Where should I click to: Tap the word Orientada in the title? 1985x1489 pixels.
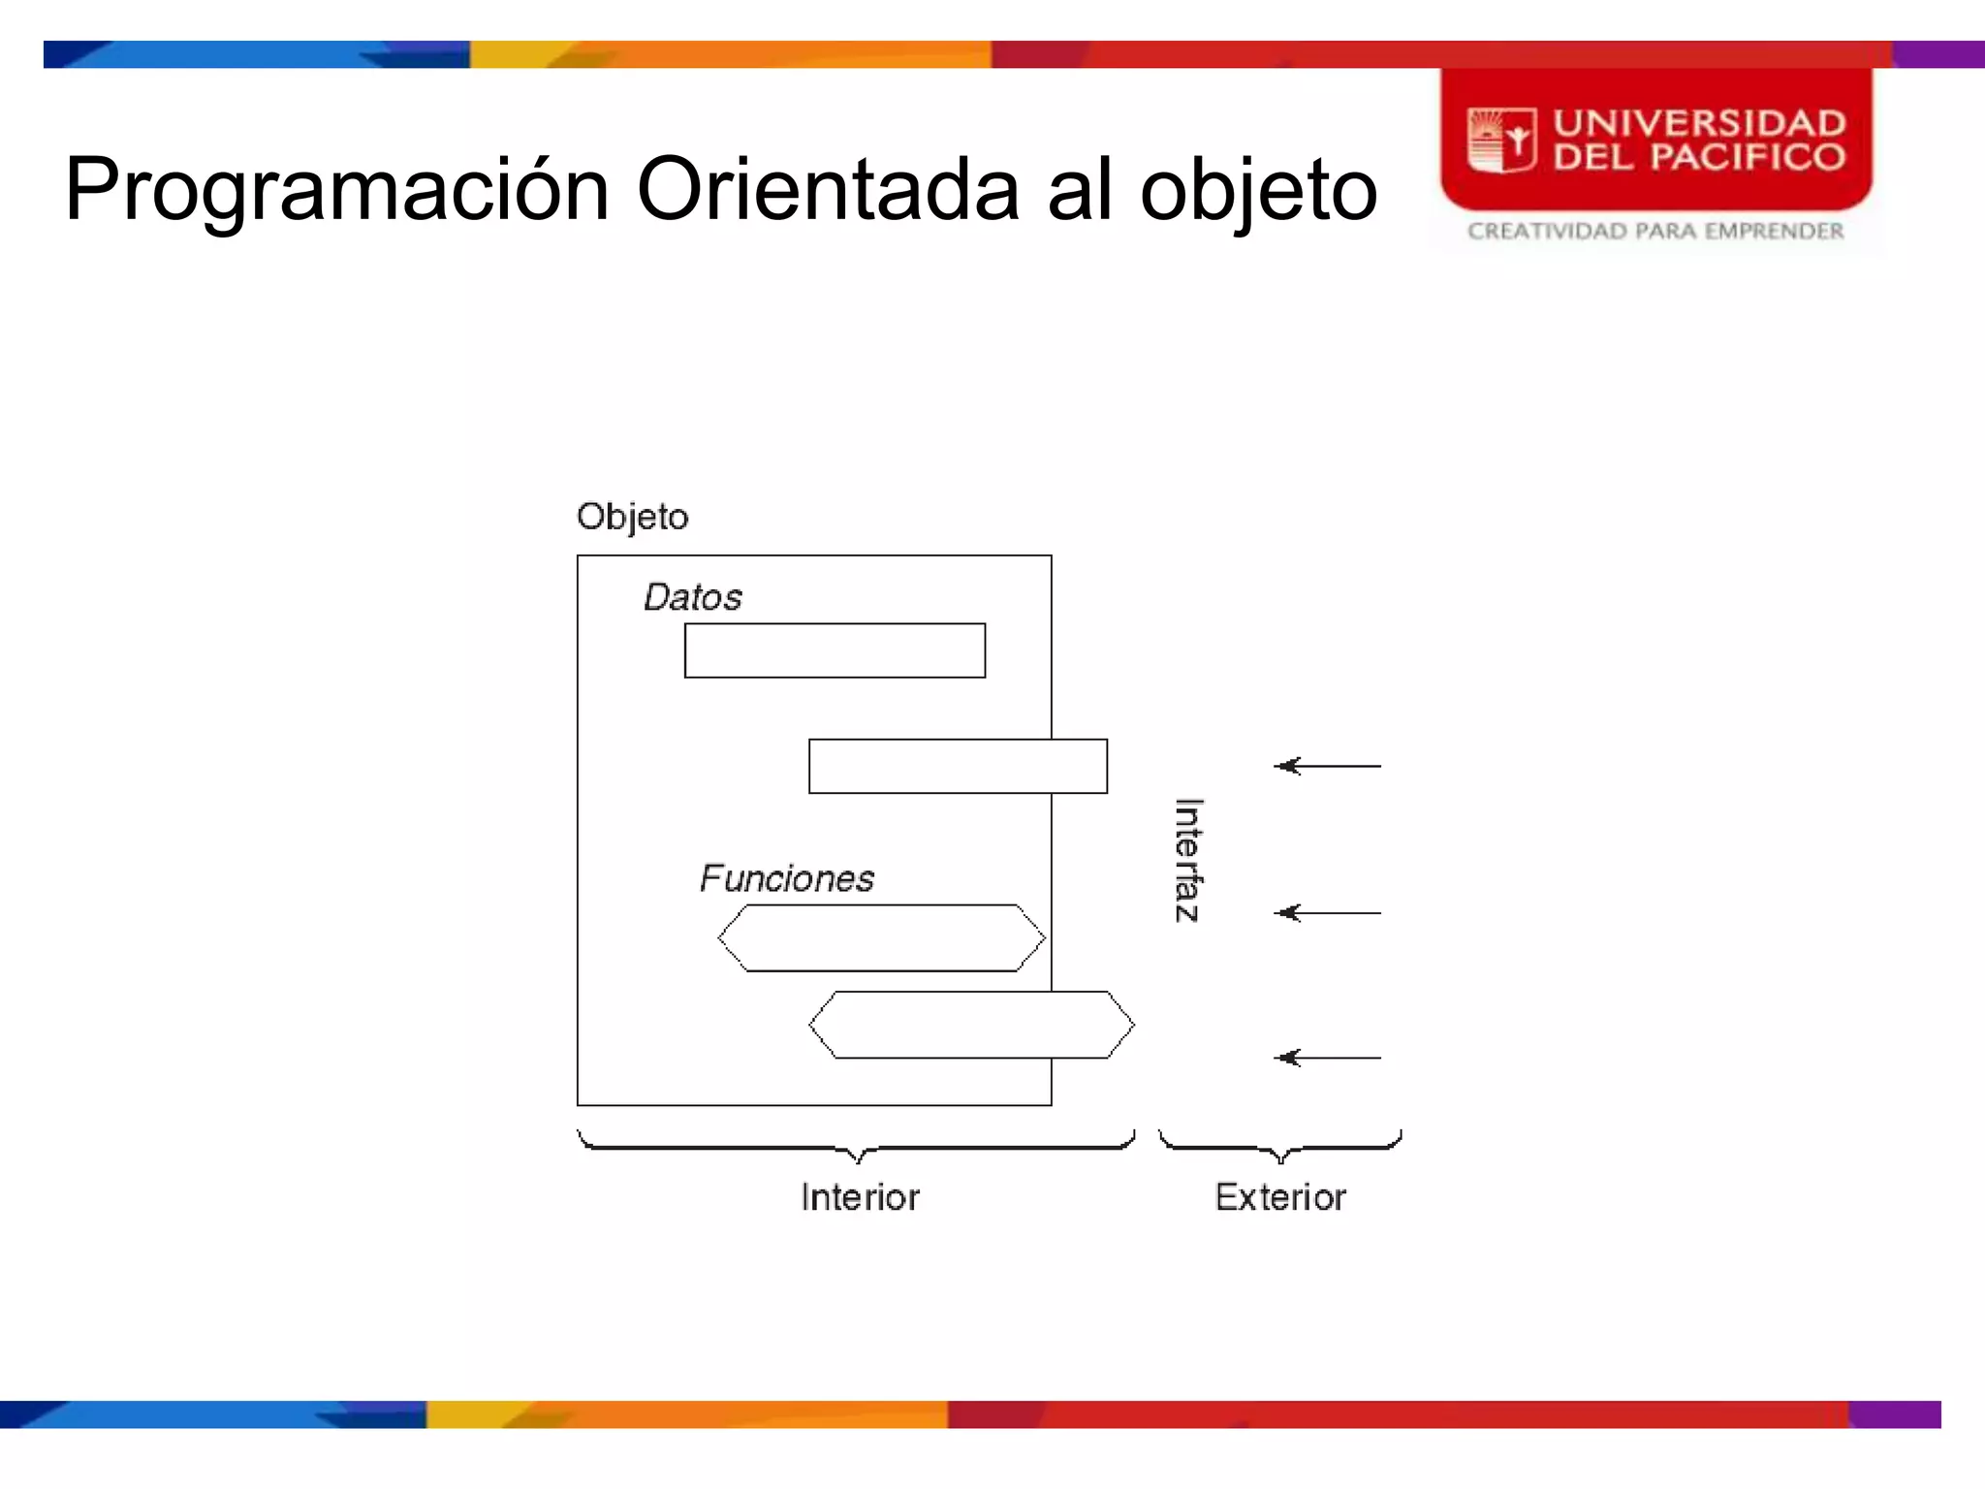coord(828,189)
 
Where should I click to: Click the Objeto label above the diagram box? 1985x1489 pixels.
coord(632,517)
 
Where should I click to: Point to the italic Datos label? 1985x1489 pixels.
coord(693,597)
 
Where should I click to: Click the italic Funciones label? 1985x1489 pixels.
coord(786,878)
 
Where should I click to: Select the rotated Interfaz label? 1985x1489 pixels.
coord(1188,860)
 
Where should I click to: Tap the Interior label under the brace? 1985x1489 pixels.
coord(860,1198)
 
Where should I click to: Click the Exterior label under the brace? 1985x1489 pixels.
coord(1280,1198)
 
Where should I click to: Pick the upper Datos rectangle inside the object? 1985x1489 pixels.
coord(835,650)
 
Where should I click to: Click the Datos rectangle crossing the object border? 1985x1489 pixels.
coord(958,767)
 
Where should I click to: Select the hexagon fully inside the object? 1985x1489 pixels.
coord(881,938)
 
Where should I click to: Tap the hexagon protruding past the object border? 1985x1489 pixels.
coord(971,1025)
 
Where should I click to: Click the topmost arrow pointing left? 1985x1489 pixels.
coord(1327,767)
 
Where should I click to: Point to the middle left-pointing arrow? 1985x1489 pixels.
coord(1327,913)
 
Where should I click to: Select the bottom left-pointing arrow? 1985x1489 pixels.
coord(1327,1058)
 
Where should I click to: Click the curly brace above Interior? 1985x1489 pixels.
coord(857,1147)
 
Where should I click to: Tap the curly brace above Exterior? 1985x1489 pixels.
coord(1280,1147)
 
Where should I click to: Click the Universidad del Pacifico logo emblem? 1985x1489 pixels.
coord(1501,141)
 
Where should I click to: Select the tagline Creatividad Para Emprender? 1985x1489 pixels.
coord(1654,232)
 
